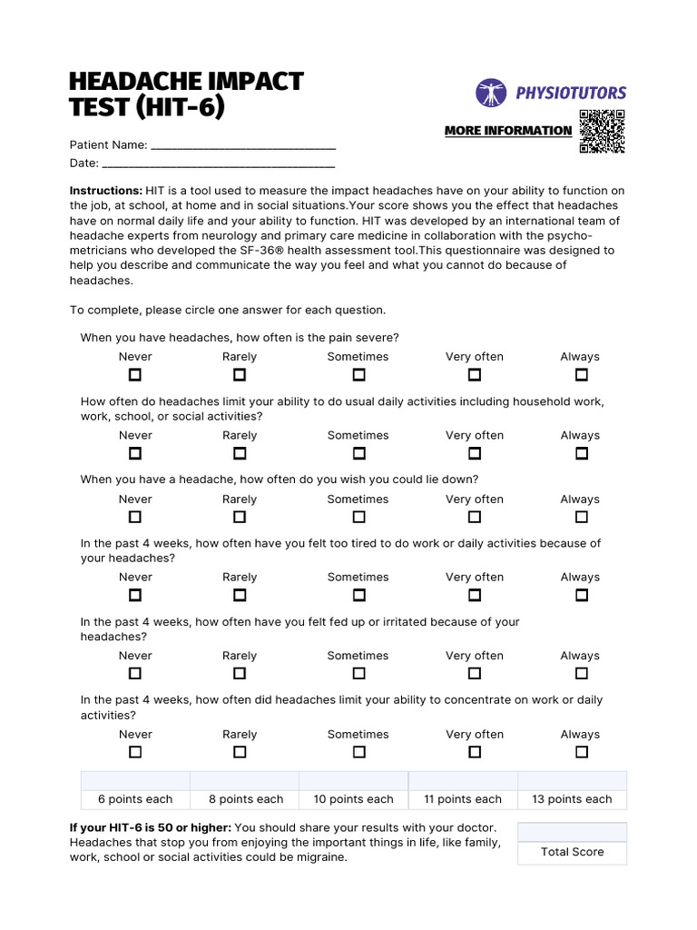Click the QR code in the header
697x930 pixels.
coord(602,131)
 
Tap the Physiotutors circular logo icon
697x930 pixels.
coord(491,93)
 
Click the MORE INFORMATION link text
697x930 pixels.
coord(508,131)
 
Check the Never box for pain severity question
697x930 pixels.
coord(135,375)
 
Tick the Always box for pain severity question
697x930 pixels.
coord(582,375)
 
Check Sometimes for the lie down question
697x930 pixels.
coord(358,517)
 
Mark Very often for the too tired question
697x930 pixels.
coord(475,596)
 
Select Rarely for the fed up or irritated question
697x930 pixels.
coord(240,674)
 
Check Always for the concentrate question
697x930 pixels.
coord(582,752)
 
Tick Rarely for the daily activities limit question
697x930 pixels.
coord(240,453)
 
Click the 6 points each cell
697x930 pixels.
coord(135,799)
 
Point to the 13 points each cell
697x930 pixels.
coord(572,799)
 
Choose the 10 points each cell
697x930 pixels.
coord(353,799)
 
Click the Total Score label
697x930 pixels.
coord(572,852)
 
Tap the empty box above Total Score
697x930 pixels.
coord(572,832)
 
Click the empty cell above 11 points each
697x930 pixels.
coord(463,781)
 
